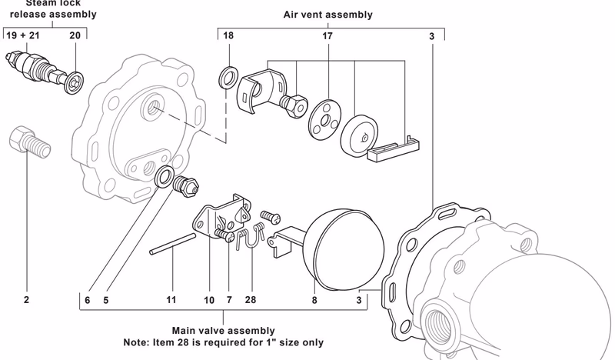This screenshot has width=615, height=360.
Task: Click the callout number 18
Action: coord(228,36)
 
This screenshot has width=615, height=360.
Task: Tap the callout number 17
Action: coord(327,36)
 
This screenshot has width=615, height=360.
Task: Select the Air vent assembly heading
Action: coord(327,14)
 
